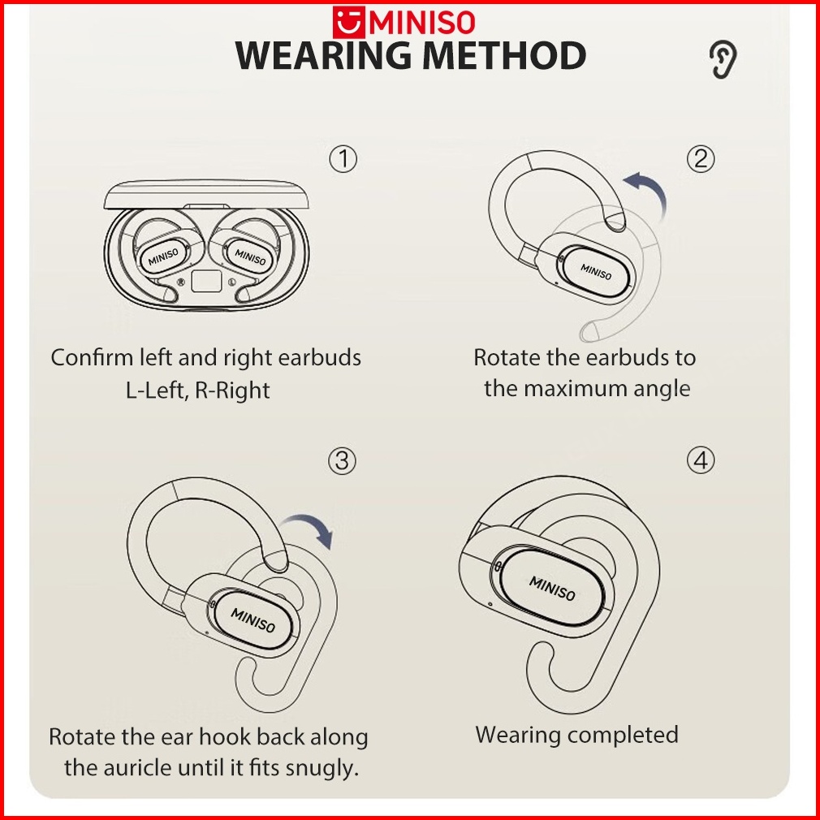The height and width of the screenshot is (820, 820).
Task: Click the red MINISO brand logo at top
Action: pos(409,21)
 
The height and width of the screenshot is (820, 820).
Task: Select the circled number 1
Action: pos(343,159)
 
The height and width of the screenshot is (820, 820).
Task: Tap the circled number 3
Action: pos(343,461)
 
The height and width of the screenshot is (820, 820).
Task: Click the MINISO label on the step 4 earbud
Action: pos(552,589)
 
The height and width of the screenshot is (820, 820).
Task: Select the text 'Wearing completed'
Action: pos(576,735)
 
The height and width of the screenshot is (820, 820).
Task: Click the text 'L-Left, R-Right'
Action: pos(197,390)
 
